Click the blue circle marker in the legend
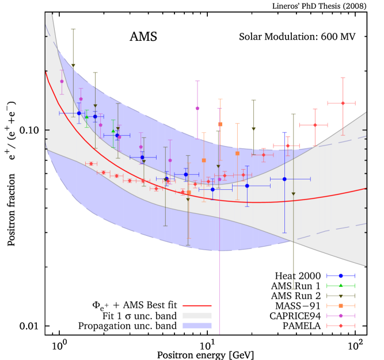(x=341, y=275)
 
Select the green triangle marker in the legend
(x=341, y=285)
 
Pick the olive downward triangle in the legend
(x=341, y=296)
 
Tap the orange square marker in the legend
(x=341, y=305)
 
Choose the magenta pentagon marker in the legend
(x=341, y=316)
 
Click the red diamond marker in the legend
(x=341, y=325)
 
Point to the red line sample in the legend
(x=197, y=306)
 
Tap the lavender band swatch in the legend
(x=197, y=325)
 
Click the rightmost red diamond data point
(x=343, y=103)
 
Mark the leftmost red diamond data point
(x=91, y=164)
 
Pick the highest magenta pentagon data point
(x=197, y=108)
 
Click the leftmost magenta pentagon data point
(x=62, y=81)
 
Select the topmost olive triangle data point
(x=73, y=66)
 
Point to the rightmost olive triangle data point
(x=293, y=194)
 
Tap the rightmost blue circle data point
(x=284, y=179)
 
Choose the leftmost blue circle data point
(x=79, y=113)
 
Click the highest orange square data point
(x=220, y=124)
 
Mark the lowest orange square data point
(x=189, y=193)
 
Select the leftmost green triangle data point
(x=86, y=117)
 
